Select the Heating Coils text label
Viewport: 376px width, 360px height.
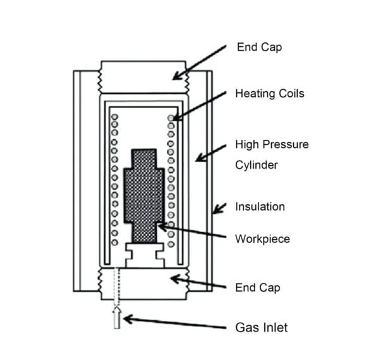click(270, 94)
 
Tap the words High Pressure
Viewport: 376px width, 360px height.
click(272, 144)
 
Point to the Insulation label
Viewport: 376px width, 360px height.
click(260, 206)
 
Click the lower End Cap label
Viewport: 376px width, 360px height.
click(257, 288)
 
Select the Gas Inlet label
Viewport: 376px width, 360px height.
click(262, 327)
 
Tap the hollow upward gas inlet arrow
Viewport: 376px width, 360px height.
click(116, 318)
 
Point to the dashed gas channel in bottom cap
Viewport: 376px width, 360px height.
click(116, 285)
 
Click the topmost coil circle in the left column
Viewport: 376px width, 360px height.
click(114, 118)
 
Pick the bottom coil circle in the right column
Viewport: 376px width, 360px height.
click(171, 243)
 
